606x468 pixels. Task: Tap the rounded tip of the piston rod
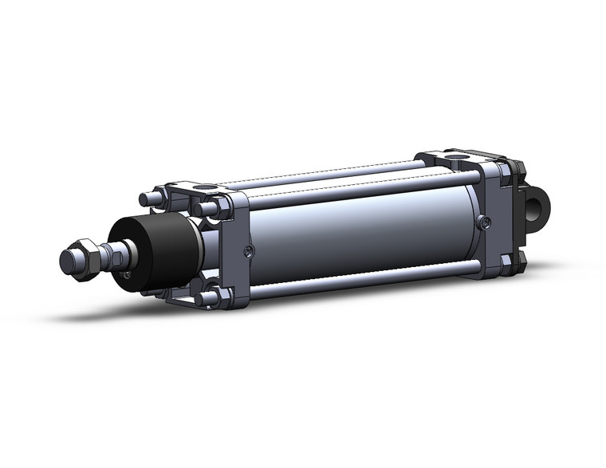69,261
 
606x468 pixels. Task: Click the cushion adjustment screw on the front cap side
250,253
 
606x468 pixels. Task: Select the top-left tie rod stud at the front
147,199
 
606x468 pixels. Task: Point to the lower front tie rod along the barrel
359,280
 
